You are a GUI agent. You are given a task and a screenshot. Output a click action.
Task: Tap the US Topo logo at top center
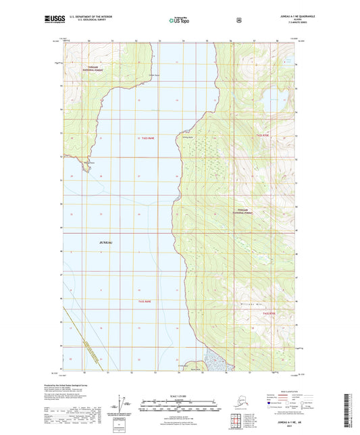click(x=179, y=20)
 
